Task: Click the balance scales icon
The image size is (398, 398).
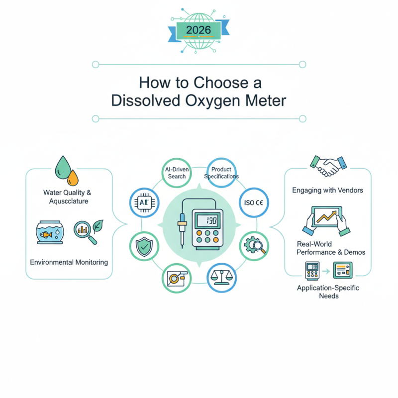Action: (x=220, y=278)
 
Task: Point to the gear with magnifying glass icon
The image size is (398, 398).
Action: (x=254, y=245)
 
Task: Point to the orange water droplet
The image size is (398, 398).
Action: (x=73, y=177)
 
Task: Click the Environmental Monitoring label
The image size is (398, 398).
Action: (x=69, y=262)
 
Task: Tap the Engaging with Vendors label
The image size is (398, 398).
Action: (x=328, y=190)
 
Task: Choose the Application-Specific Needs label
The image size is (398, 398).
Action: (x=328, y=292)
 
